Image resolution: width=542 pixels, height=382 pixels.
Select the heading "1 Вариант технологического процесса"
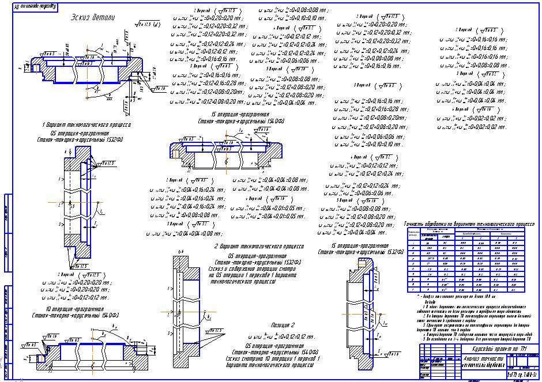(x=86, y=124)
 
